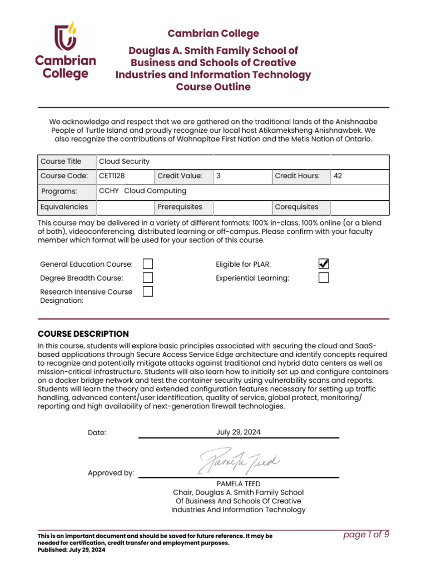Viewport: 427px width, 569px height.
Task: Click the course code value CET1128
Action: (112, 176)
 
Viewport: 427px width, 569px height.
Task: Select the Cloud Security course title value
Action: (124, 162)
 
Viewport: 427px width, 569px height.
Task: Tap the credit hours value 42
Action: (337, 176)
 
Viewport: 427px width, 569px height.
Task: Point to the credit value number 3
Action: (219, 176)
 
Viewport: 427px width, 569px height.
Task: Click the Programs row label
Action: (57, 192)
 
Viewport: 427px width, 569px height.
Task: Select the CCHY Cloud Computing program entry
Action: (142, 191)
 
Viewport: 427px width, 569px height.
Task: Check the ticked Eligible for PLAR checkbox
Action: (324, 264)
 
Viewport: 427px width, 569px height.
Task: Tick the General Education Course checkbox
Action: (148, 264)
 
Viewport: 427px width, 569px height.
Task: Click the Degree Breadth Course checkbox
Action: (148, 278)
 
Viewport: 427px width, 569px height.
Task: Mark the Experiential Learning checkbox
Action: (324, 278)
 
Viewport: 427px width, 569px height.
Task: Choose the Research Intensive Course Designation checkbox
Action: (148, 292)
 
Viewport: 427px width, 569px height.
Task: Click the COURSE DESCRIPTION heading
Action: (83, 334)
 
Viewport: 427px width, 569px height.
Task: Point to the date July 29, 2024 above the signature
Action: (238, 432)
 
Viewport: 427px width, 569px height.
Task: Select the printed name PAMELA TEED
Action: (238, 484)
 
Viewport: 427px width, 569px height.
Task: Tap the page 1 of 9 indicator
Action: (366, 535)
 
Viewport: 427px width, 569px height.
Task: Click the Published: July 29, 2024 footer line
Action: (71, 550)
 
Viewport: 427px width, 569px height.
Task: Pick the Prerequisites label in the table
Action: (180, 207)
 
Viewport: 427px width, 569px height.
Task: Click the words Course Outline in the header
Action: (213, 87)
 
